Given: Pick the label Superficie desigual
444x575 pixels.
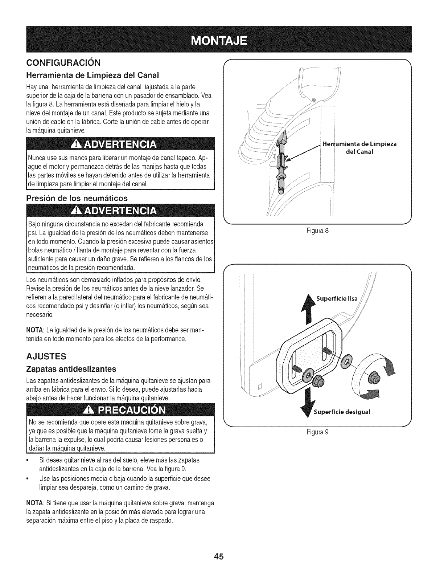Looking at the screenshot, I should click(x=341, y=412).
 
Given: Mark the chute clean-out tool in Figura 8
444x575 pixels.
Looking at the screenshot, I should click(x=281, y=160).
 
